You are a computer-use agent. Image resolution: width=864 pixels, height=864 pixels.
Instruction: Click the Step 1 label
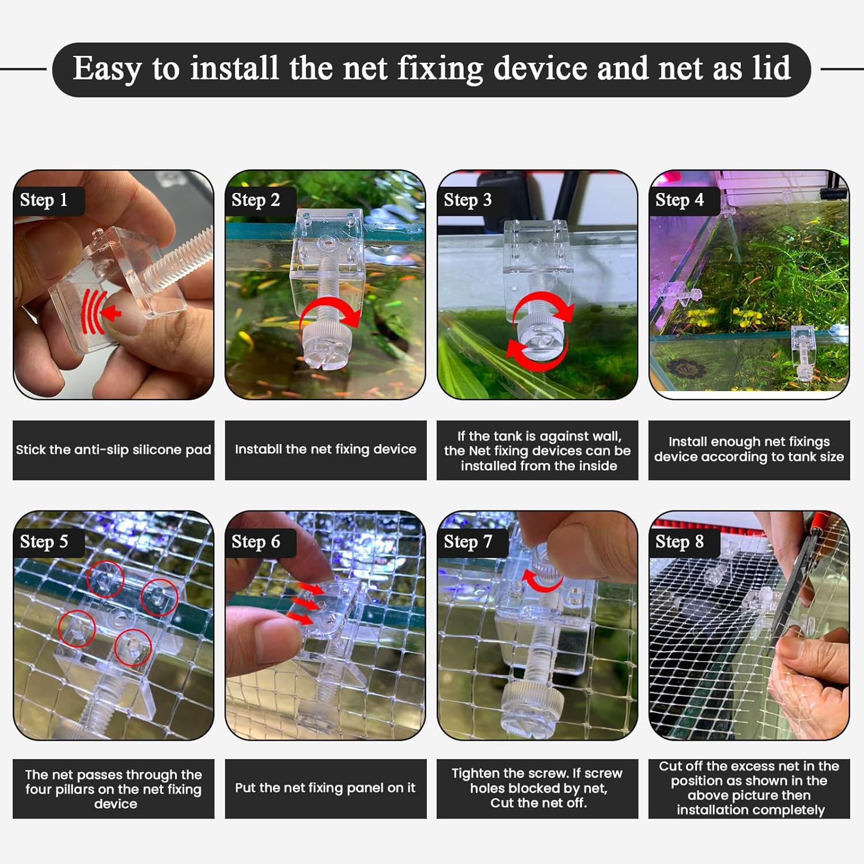pyautogui.click(x=44, y=200)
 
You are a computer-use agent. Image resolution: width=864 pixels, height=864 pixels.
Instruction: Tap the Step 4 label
pyautogui.click(x=680, y=200)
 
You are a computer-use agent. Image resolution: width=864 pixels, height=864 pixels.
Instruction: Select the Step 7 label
pyautogui.click(x=468, y=541)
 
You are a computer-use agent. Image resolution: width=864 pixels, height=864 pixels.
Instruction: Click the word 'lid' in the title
pyautogui.click(x=771, y=69)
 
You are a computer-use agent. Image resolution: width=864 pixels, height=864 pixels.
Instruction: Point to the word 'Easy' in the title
pyautogui.click(x=107, y=69)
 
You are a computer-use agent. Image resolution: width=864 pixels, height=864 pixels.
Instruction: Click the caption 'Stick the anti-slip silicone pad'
pyautogui.click(x=113, y=450)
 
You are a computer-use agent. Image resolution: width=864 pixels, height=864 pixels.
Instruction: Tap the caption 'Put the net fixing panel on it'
pyautogui.click(x=325, y=788)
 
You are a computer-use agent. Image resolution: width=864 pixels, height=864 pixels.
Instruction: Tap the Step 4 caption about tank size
pyautogui.click(x=749, y=449)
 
